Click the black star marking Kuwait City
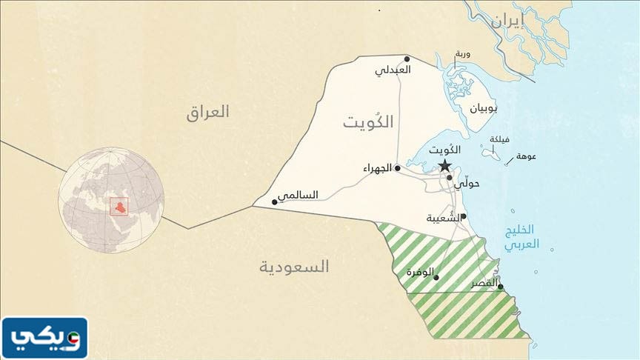click(x=444, y=165)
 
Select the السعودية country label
click(x=294, y=267)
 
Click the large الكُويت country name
click(x=368, y=122)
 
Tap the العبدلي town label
click(x=393, y=70)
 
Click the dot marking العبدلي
click(x=407, y=58)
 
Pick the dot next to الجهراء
click(x=398, y=168)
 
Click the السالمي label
click(x=298, y=196)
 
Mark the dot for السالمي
click(x=275, y=201)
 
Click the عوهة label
click(x=526, y=156)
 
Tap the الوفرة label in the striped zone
click(x=420, y=272)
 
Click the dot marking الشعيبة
click(x=463, y=216)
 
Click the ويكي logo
click(x=44, y=339)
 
